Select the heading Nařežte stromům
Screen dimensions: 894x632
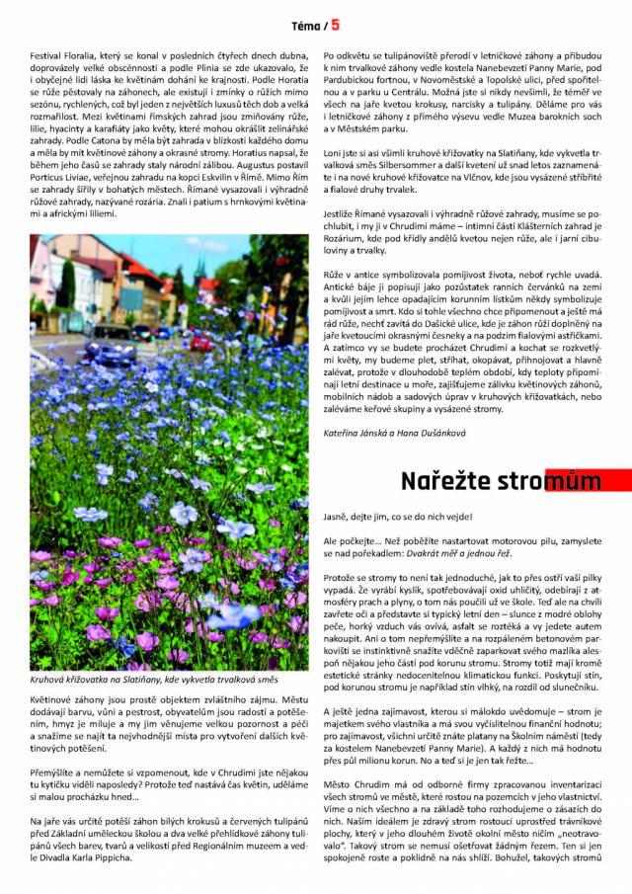pyautogui.click(x=501, y=480)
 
